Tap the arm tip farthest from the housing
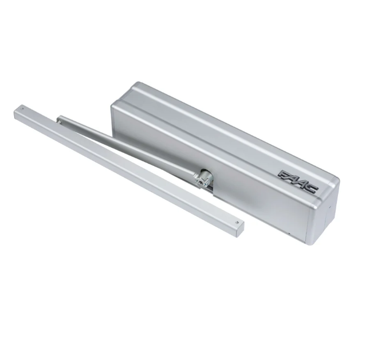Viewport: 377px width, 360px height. tap(60, 119)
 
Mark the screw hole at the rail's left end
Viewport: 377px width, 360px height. tap(22, 108)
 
